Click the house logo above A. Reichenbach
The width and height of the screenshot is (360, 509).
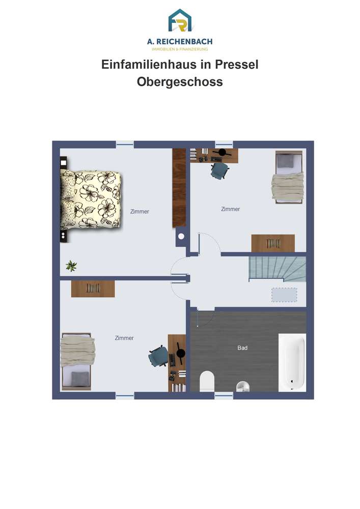(180, 21)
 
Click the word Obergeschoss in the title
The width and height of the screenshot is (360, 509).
(180, 81)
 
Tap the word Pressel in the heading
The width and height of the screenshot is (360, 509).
(237, 64)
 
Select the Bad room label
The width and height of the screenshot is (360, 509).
(242, 348)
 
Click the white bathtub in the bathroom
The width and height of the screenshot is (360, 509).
(292, 362)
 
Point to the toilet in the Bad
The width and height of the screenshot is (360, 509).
(207, 381)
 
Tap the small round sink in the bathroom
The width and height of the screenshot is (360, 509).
(243, 386)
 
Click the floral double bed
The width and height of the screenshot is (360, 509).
(91, 200)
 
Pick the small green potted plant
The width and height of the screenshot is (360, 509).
(71, 266)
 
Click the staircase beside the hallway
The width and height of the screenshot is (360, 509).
(278, 269)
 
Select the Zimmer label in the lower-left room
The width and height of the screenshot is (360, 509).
(124, 338)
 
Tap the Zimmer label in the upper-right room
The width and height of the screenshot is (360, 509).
(231, 209)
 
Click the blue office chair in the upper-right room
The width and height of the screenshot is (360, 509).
(220, 170)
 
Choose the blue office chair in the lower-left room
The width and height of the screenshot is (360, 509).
(158, 356)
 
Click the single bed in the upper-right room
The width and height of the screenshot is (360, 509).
(288, 177)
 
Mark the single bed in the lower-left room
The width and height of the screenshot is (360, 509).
(77, 361)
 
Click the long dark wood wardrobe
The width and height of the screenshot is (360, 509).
(179, 188)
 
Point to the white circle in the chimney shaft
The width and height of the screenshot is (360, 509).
(181, 236)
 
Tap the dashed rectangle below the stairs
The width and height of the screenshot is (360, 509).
(284, 295)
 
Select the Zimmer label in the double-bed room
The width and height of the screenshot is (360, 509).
(140, 211)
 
